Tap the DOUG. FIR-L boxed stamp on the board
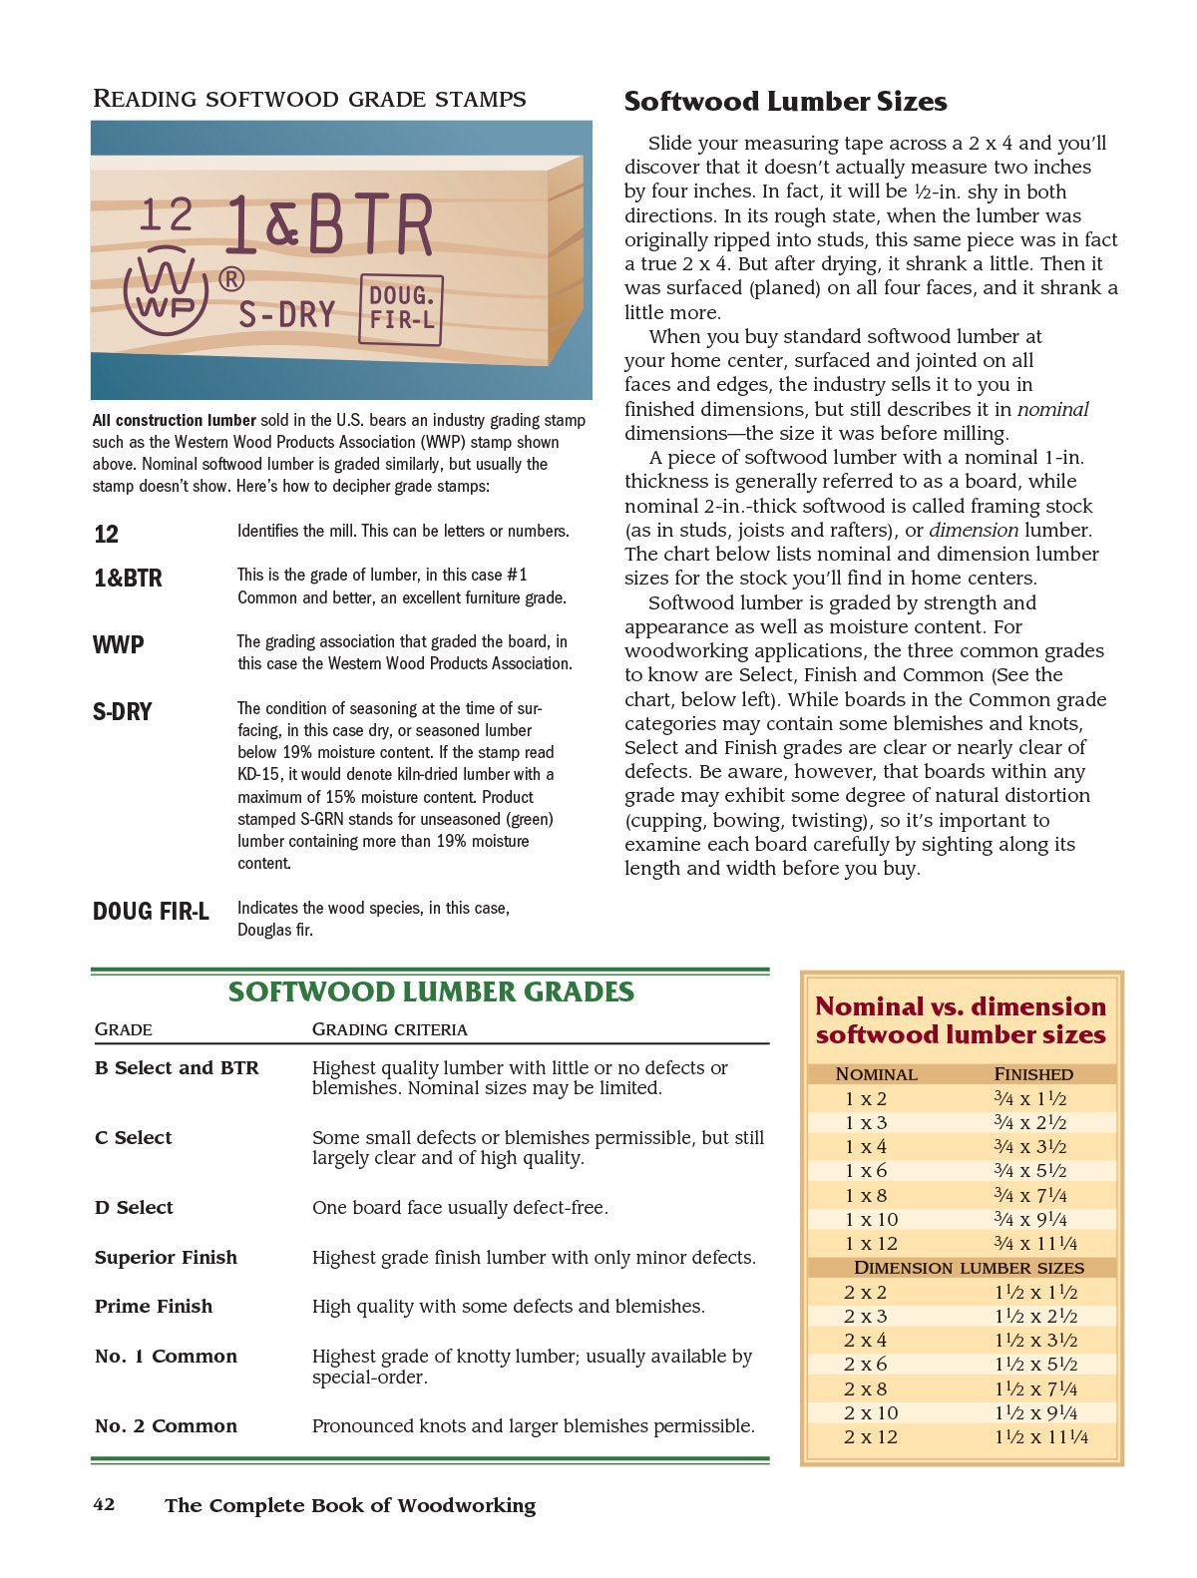[401, 309]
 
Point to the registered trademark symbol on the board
[230, 280]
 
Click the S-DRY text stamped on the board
[286, 315]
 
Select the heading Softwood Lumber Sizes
[785, 102]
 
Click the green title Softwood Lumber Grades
[431, 991]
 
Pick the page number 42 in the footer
[104, 1504]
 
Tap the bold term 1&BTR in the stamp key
[128, 579]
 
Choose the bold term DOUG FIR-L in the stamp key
[151, 912]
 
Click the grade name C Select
[133, 1138]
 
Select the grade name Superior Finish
[166, 1258]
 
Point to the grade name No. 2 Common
[166, 1426]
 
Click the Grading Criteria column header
[389, 1029]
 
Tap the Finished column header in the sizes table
[1033, 1074]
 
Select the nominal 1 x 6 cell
[865, 1171]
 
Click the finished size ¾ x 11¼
[1035, 1244]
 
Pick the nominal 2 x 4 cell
[865, 1341]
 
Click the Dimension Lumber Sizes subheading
[969, 1268]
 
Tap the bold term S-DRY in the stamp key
[122, 712]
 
